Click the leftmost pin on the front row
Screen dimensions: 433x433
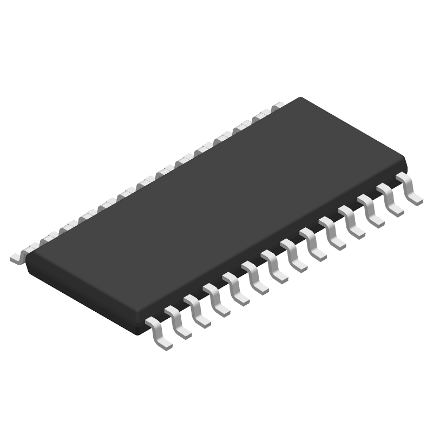[159, 332]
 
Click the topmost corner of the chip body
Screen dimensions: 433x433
[301, 99]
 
